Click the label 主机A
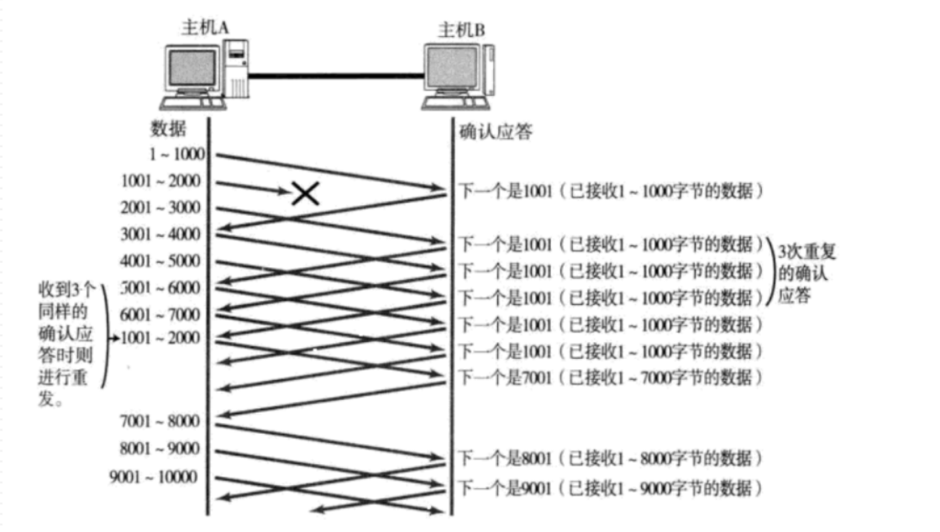[205, 27]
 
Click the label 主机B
[461, 29]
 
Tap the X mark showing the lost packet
[305, 193]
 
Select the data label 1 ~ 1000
[177, 154]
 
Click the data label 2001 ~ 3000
[160, 208]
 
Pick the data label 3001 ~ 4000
[160, 234]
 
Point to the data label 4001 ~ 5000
[160, 261]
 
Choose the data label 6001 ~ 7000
[160, 314]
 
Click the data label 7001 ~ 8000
[160, 421]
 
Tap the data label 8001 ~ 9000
[160, 449]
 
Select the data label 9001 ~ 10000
[153, 477]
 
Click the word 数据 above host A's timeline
[168, 129]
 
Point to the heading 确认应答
[496, 131]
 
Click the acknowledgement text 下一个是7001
[506, 377]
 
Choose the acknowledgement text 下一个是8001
[506, 458]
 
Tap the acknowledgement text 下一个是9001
[506, 487]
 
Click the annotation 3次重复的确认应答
[806, 273]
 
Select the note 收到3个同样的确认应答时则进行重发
[66, 344]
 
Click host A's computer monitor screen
[192, 67]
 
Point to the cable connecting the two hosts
[336, 76]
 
